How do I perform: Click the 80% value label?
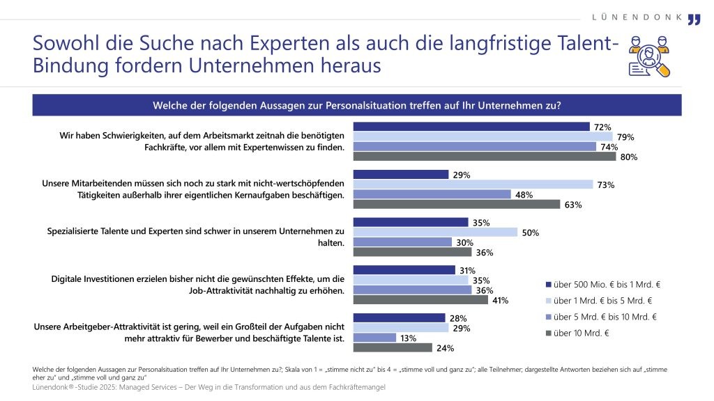628,157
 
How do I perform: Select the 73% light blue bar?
473,184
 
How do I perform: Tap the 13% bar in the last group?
374,338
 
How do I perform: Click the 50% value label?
530,233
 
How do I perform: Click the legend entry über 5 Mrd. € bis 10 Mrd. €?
604,317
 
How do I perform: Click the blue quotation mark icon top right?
694,19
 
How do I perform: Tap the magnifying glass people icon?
649,56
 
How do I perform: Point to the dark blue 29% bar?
401,175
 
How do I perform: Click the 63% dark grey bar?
457,205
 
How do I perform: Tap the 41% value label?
501,301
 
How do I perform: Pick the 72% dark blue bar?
471,127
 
